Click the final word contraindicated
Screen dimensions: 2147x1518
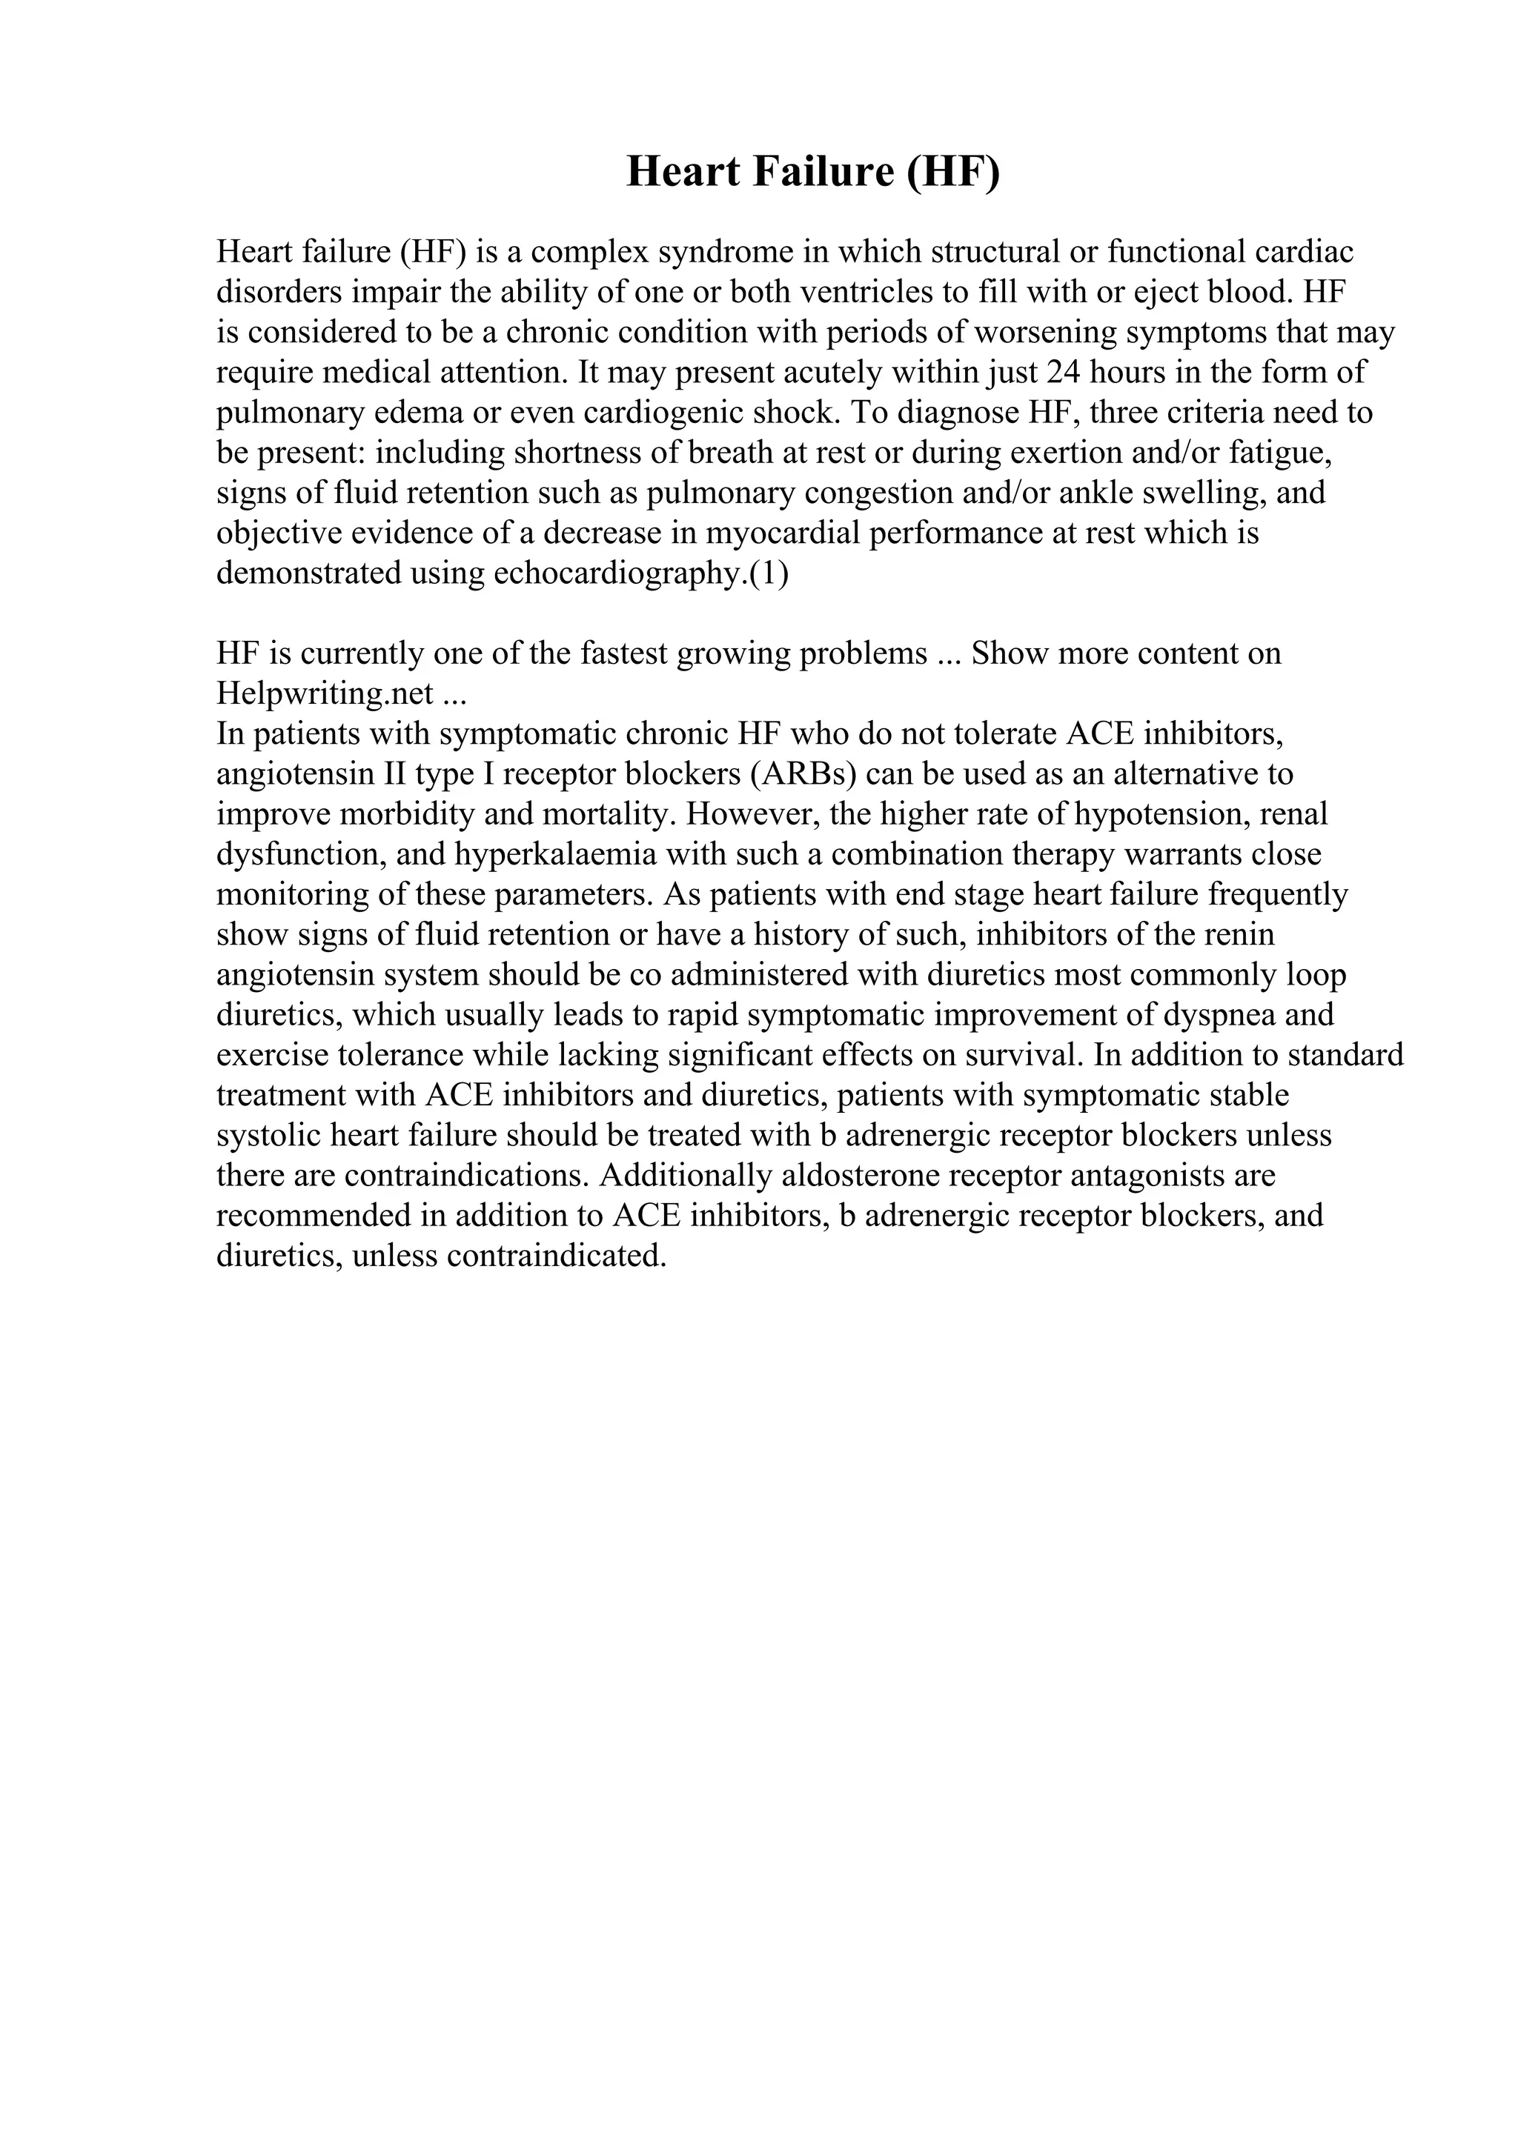[557, 1256]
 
